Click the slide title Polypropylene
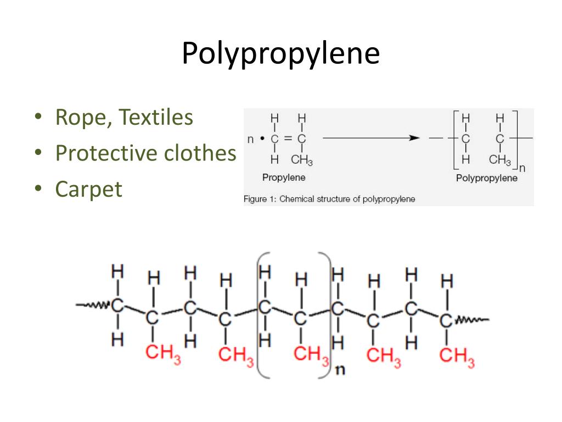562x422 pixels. (x=280, y=54)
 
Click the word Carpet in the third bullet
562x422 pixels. (x=88, y=190)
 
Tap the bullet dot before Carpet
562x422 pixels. (x=38, y=190)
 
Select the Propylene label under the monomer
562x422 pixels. (x=283, y=177)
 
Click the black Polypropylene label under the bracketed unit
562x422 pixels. (x=486, y=179)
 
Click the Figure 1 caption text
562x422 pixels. (x=329, y=199)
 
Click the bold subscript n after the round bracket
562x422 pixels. (x=340, y=369)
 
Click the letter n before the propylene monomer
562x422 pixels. (x=250, y=139)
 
